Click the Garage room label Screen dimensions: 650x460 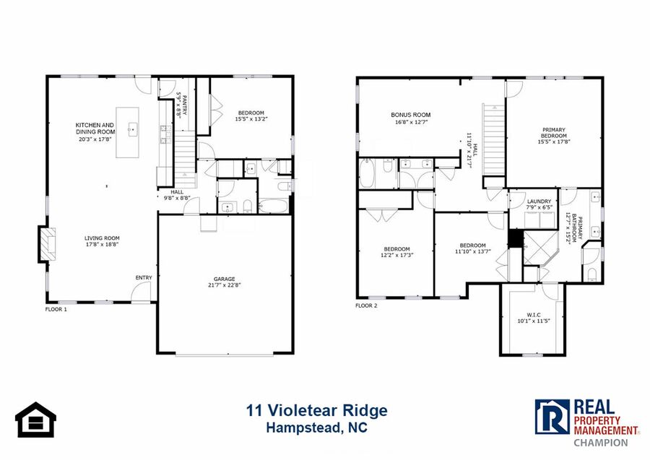tap(225, 279)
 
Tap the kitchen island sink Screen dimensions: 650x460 tap(133, 129)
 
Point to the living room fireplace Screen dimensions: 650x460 tap(47, 244)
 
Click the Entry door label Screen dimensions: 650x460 tap(144, 277)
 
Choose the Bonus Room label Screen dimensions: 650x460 tap(411, 115)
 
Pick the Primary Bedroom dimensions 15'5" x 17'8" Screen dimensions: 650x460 tap(554, 142)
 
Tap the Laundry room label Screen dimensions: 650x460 tap(539, 201)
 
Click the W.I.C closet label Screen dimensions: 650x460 tap(534, 315)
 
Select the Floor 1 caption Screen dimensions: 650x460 tap(56, 309)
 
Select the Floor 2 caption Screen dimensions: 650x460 tap(366, 306)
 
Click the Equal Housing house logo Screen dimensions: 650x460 tap(35, 420)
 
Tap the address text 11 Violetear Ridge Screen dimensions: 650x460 tap(317, 411)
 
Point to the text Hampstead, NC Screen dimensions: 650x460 tap(317, 428)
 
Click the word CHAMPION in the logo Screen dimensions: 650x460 tap(601, 443)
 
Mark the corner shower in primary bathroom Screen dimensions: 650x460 tap(540, 248)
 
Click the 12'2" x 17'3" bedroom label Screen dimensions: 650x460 tap(396, 252)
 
